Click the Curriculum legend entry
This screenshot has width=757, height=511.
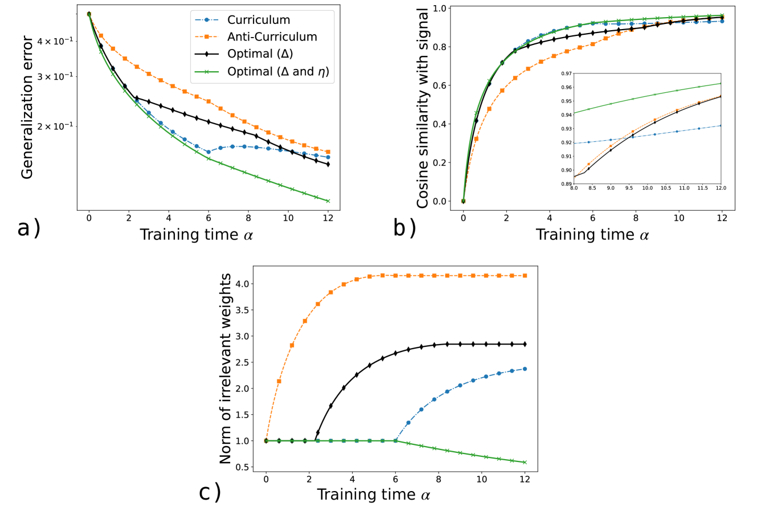coord(259,20)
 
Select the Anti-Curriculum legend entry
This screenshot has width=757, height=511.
coord(272,37)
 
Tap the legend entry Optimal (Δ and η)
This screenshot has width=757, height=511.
coord(278,72)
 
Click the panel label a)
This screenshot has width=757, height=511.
coord(28,228)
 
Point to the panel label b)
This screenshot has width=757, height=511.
coord(404,228)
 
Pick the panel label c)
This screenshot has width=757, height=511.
coord(210,492)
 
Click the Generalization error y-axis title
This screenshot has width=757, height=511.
coord(27,107)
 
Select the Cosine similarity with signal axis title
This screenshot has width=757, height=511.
coord(423,108)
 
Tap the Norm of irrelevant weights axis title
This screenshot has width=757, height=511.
coord(226,369)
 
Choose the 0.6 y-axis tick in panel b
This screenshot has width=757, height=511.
coord(440,85)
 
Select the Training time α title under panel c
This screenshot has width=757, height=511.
coord(373,494)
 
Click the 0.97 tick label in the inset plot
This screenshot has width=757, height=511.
coord(566,73)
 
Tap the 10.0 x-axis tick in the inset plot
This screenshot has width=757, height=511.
coord(647,188)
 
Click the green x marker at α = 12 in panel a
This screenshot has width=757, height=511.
coord(328,201)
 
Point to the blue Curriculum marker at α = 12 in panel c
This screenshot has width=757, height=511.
coord(525,369)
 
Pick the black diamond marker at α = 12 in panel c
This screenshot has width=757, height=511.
coord(525,344)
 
